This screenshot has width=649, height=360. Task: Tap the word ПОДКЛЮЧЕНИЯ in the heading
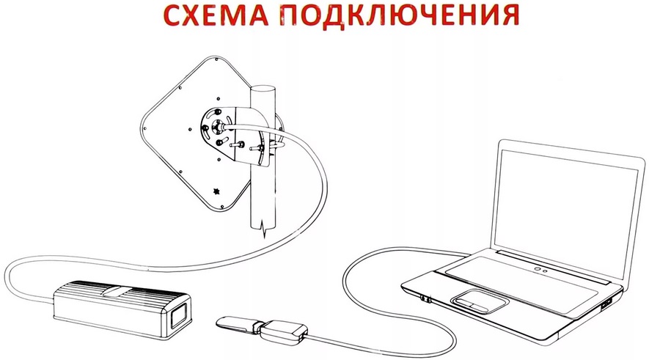point(400,15)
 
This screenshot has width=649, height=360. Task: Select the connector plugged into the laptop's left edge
point(425,298)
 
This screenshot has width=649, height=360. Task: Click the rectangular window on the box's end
point(180,315)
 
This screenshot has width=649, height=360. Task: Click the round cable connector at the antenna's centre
point(218,125)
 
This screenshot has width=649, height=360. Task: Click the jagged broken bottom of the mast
point(263,229)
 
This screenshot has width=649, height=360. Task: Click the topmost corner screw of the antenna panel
point(216,60)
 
